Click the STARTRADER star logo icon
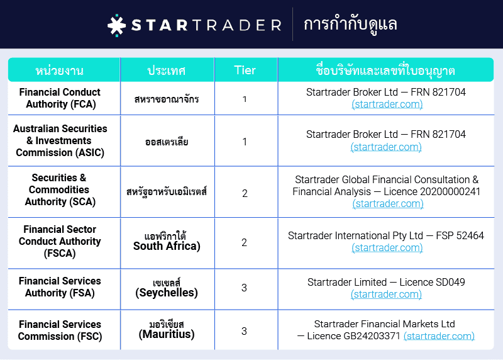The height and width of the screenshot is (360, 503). click(117, 25)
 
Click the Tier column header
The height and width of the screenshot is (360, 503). click(245, 69)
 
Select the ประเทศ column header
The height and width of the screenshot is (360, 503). click(166, 70)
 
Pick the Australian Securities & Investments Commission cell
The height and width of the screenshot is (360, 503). click(60, 140)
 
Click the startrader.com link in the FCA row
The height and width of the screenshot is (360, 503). click(387, 104)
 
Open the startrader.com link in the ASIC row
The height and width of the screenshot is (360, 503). click(386, 147)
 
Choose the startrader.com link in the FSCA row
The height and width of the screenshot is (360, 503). click(387, 248)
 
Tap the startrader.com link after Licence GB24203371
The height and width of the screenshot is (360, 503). click(439, 336)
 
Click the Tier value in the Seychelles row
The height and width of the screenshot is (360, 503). click(245, 288)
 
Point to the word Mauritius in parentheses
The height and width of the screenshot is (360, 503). click(167, 335)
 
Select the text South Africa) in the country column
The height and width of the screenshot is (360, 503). click(167, 246)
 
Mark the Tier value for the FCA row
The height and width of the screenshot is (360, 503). click(245, 99)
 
